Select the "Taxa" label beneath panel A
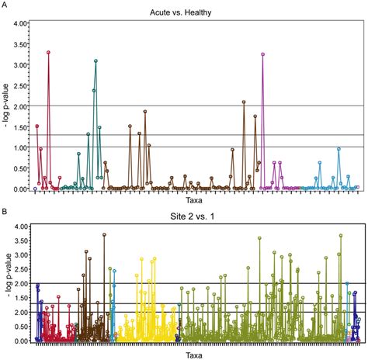click(195, 201)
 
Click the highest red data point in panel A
click(48, 53)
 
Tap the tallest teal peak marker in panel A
click(95, 61)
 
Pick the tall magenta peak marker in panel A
click(263, 54)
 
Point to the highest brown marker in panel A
click(244, 102)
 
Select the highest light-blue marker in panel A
click(338, 149)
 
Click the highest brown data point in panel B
click(104, 234)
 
